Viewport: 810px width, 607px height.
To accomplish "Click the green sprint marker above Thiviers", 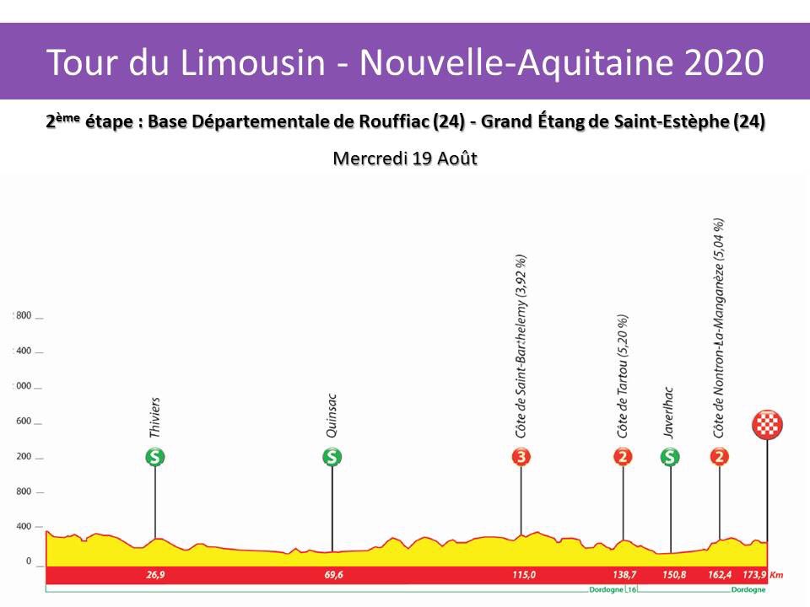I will pos(154,457).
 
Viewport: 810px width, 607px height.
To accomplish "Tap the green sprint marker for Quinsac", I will pos(332,457).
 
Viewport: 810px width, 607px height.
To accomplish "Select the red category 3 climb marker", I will pos(521,457).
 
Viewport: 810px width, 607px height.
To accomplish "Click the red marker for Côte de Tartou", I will pos(623,457).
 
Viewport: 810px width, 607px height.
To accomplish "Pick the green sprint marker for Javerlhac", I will pos(670,457).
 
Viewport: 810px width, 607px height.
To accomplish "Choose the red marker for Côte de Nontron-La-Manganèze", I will pos(720,457).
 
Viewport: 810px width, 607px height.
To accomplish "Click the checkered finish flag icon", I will pos(767,425).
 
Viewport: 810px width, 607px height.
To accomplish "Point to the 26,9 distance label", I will pos(155,575).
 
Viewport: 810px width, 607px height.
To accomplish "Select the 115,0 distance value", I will pos(523,575).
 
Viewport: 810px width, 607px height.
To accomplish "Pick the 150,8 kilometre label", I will pos(672,575).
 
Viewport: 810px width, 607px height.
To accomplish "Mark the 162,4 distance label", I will pos(720,575).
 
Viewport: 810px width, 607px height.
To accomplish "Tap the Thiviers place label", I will pos(155,418).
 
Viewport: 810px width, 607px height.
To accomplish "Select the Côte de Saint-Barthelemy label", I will pos(521,346).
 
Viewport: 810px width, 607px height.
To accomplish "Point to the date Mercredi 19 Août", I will pos(405,158).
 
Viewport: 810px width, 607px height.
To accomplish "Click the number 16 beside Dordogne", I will pos(631,589).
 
